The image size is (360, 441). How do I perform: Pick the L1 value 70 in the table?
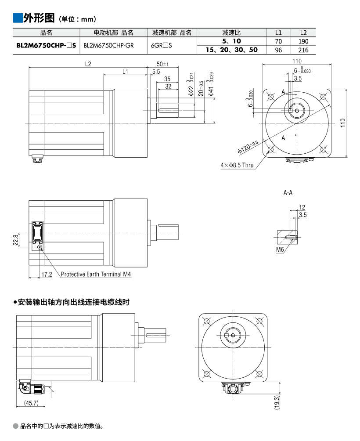tap(278, 41)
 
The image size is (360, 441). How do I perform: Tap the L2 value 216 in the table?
tap(303, 50)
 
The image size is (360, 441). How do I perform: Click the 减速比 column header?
tap(231, 33)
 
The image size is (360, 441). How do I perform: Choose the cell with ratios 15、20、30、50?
tap(231, 50)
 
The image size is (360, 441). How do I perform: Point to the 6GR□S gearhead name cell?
tap(161, 45)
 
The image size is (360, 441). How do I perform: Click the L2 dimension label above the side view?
tap(88, 64)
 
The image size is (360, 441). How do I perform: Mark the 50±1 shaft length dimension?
tap(162, 64)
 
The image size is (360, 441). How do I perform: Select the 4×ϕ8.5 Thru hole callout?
tap(237, 165)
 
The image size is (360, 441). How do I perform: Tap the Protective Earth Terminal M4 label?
tap(96, 275)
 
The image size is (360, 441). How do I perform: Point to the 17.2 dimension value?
tap(47, 275)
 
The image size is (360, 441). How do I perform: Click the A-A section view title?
tap(288, 192)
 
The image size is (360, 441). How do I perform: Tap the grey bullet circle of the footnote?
tap(16, 426)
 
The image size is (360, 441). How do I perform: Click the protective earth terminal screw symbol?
tap(40, 248)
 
